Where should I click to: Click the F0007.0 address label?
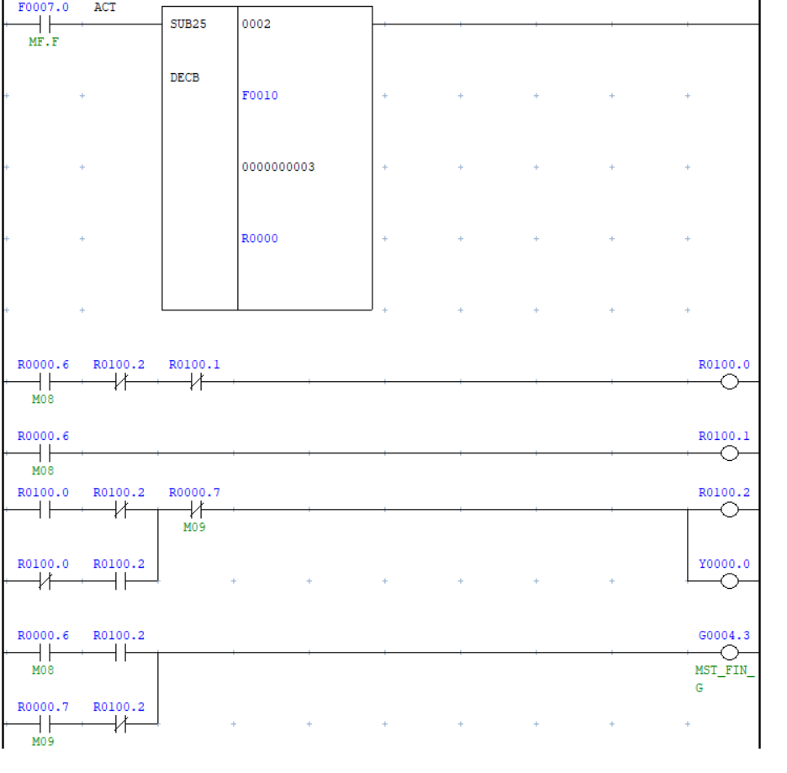pyautogui.click(x=43, y=8)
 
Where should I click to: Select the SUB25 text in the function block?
pyautogui.click(x=188, y=24)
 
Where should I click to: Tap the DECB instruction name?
pyautogui.click(x=185, y=78)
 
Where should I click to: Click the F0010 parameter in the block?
pyautogui.click(x=259, y=96)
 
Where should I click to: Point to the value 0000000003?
pyautogui.click(x=277, y=167)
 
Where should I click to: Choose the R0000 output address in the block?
pyautogui.click(x=259, y=239)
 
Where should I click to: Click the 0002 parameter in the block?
pyautogui.click(x=256, y=24)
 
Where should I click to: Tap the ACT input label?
pyautogui.click(x=105, y=8)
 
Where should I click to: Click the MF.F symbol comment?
pyautogui.click(x=43, y=41)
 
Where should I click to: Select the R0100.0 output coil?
pyautogui.click(x=729, y=383)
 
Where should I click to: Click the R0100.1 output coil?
pyautogui.click(x=729, y=454)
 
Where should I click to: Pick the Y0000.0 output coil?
pyautogui.click(x=729, y=581)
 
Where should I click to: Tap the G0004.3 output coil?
pyautogui.click(x=729, y=653)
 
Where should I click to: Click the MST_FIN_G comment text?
pyautogui.click(x=724, y=679)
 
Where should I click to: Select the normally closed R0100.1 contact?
pyautogui.click(x=195, y=383)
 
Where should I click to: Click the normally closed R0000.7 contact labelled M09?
pyautogui.click(x=195, y=510)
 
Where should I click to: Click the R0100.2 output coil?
pyautogui.click(x=729, y=510)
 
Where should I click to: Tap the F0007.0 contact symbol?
pyautogui.click(x=43, y=24)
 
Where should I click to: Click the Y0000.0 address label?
pyautogui.click(x=724, y=564)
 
